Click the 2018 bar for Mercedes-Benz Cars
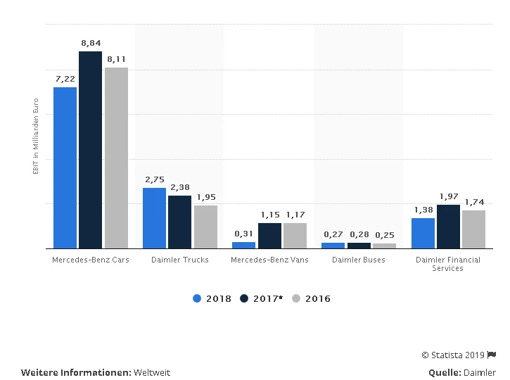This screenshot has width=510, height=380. pyautogui.click(x=65, y=167)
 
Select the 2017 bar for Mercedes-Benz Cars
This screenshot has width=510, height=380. pyautogui.click(x=91, y=150)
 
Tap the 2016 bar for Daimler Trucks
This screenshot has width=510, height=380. pyautogui.click(x=205, y=227)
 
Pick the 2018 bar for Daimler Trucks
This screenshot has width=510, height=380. pyautogui.click(x=154, y=218)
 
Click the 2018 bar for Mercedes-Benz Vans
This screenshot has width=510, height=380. pyautogui.click(x=243, y=245)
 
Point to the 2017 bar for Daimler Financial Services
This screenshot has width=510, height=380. pyautogui.click(x=448, y=227)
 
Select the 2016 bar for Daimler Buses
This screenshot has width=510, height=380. pyautogui.click(x=384, y=246)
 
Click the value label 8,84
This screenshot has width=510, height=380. pyautogui.click(x=91, y=44)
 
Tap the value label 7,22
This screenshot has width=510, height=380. pyautogui.click(x=65, y=80)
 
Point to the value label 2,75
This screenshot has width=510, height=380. pyautogui.click(x=154, y=180)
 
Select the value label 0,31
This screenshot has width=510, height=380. pyautogui.click(x=243, y=234)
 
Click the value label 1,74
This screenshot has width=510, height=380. pyautogui.click(x=474, y=202)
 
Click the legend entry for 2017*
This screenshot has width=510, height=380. pyautogui.click(x=261, y=298)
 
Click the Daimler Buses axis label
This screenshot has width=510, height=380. pyautogui.click(x=359, y=260)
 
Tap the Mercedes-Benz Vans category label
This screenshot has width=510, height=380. pyautogui.click(x=269, y=260)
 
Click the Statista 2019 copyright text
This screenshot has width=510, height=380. pyautogui.click(x=454, y=355)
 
